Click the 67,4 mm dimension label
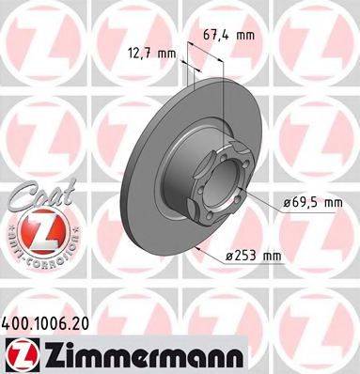pyautogui.click(x=228, y=35)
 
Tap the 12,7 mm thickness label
pyautogui.click(x=151, y=54)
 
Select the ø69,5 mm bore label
pyautogui.click(x=313, y=203)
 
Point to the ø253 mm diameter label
pyautogui.click(x=254, y=257)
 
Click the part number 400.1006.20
pyautogui.click(x=45, y=323)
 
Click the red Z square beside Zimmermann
pyautogui.click(x=21, y=356)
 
